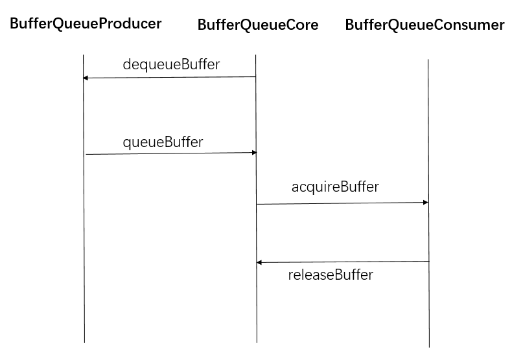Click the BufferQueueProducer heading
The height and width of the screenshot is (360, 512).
[x=86, y=24]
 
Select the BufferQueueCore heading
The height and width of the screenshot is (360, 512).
[x=258, y=25]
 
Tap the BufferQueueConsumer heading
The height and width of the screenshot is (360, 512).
[x=425, y=25]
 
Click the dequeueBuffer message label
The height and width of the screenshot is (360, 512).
[x=171, y=64]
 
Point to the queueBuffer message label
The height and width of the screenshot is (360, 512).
[x=163, y=142]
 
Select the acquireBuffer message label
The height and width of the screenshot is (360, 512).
[x=335, y=187]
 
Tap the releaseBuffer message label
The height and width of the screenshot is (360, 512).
[x=331, y=275]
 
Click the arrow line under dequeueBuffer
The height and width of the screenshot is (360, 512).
[x=170, y=78]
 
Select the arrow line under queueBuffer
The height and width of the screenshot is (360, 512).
[x=171, y=153]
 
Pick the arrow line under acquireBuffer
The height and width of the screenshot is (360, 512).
[x=342, y=203]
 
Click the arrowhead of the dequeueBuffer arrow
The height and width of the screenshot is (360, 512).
[x=86, y=78]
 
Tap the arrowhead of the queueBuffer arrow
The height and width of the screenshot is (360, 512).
[x=255, y=153]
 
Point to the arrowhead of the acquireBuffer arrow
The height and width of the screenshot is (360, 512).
[x=426, y=203]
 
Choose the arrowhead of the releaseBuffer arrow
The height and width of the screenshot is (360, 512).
[x=259, y=262]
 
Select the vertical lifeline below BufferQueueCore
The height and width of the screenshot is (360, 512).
[x=256, y=304]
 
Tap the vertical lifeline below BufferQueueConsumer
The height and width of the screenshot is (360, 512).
[x=428, y=304]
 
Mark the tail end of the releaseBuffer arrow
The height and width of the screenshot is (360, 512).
[x=428, y=262]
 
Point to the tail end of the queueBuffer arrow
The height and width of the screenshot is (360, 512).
[x=87, y=154]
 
